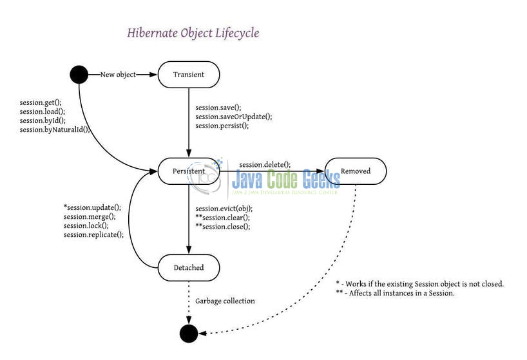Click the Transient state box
[189, 75]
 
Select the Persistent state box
[189, 171]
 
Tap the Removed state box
[356, 171]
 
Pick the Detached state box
[189, 267]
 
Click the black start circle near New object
[79, 75]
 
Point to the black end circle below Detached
[189, 333]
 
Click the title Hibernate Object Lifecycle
[193, 32]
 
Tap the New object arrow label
[118, 75]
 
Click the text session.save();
[218, 108]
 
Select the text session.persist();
[222, 126]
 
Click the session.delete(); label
[265, 164]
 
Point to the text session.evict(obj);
[224, 209]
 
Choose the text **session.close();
[223, 227]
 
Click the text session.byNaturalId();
[55, 129]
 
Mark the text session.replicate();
[93, 234]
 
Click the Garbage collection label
[225, 301]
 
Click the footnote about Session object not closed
[419, 283]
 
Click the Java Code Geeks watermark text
[287, 177]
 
